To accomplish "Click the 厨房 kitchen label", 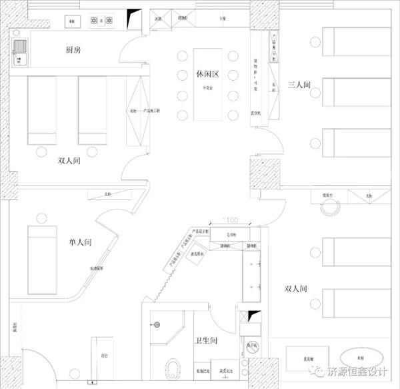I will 74,51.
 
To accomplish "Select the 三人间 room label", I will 298,85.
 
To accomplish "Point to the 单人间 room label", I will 79,244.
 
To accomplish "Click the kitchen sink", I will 20,48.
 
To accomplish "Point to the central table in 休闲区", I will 207,83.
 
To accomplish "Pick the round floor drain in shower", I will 158,325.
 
